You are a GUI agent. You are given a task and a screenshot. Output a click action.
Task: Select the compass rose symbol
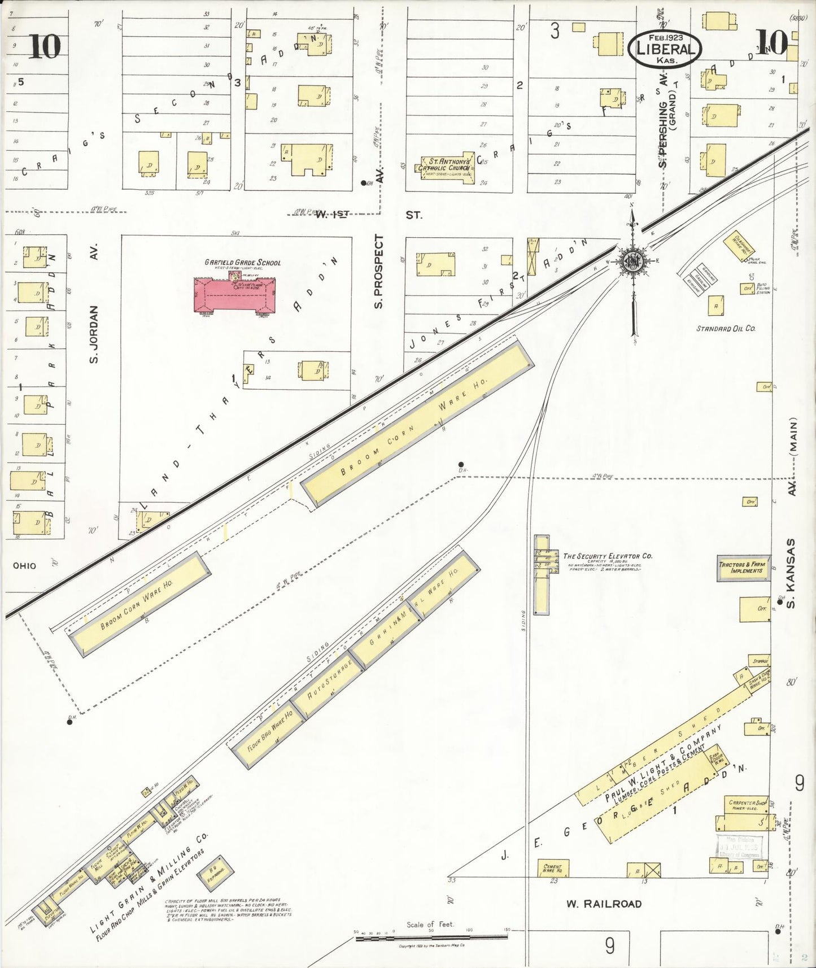tap(632, 260)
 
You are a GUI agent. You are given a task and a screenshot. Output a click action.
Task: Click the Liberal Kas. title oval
tap(665, 48)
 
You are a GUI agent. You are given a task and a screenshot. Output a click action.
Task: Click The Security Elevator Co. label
tap(607, 556)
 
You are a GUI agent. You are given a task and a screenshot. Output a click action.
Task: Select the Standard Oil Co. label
tap(725, 328)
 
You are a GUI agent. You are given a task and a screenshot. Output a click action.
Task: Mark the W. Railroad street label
tap(604, 904)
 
